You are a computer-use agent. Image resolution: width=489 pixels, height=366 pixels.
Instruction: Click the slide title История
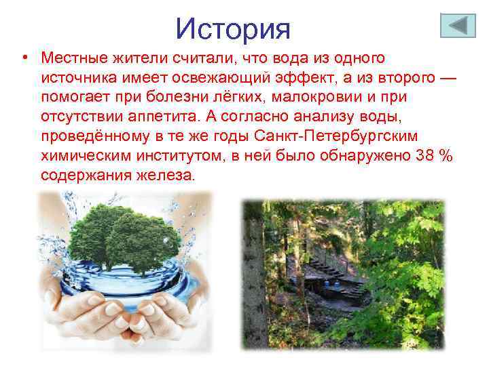pyautogui.click(x=233, y=28)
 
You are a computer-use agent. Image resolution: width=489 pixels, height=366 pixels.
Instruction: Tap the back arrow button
pyautogui.click(x=458, y=26)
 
